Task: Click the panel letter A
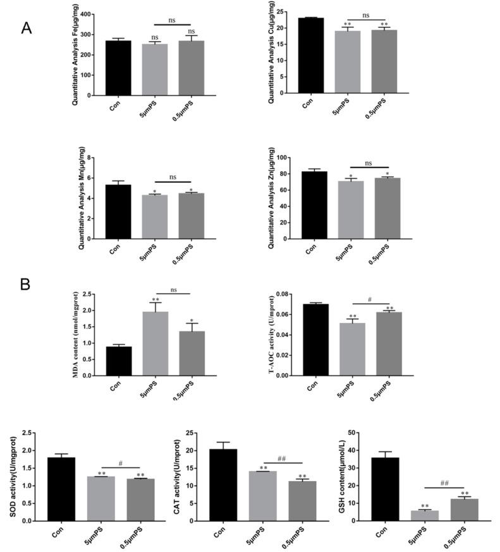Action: tap(26, 28)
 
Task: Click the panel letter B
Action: tap(25, 284)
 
